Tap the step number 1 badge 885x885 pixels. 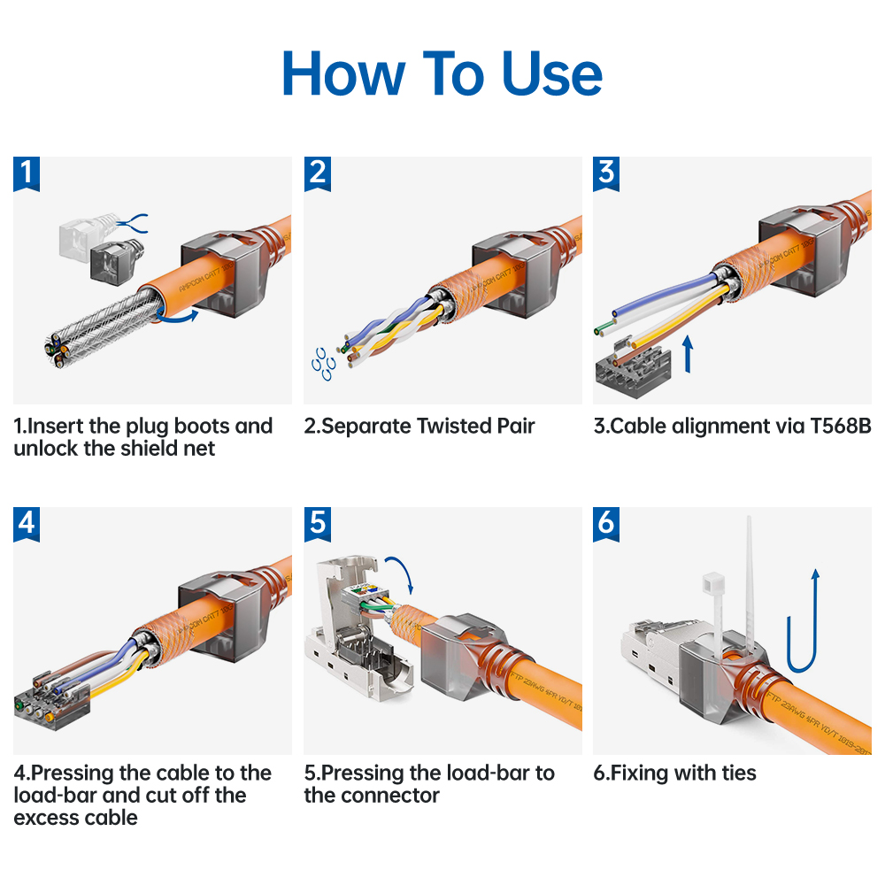click(27, 174)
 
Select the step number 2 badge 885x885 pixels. click(317, 174)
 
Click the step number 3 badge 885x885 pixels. click(606, 174)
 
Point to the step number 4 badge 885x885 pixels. click(27, 524)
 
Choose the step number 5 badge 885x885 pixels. click(317, 524)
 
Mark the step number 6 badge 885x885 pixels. click(606, 524)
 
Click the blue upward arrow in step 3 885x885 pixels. click(690, 355)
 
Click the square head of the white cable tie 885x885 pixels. click(712, 584)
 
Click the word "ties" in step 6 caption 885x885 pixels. click(737, 773)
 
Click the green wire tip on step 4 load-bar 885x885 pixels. click(19, 705)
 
